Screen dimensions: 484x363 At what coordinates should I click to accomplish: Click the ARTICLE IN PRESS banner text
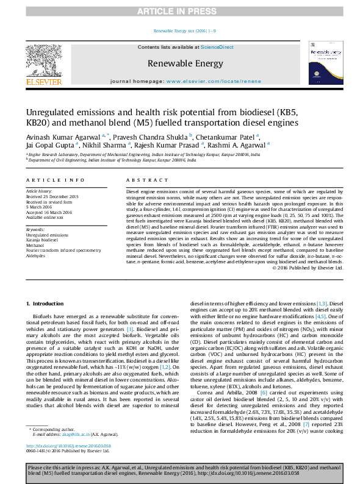click(181, 12)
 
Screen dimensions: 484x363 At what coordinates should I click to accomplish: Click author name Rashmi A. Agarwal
click(237, 145)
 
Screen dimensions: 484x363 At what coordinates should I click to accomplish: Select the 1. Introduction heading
click(47, 304)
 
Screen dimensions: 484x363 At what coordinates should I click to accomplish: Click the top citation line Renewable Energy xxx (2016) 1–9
click(181, 30)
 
